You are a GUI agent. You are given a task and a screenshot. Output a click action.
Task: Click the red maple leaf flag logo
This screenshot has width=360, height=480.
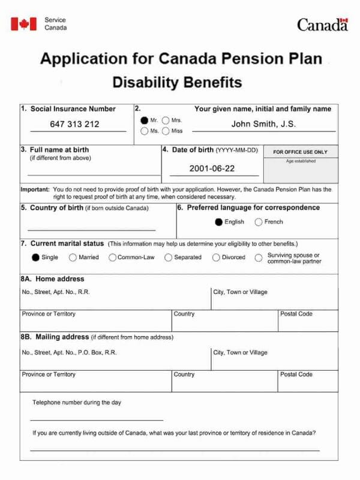[x=23, y=24]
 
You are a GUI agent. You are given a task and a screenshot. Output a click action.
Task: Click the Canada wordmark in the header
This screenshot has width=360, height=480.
[x=322, y=25]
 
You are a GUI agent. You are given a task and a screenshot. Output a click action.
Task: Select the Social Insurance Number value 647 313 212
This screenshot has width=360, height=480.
[x=74, y=124]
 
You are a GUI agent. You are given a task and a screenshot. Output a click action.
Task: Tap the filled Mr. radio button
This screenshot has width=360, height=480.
[x=144, y=121]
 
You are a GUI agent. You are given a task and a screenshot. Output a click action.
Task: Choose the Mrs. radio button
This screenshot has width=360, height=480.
[x=166, y=121]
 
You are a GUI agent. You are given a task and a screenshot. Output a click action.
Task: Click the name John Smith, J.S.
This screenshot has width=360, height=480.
[x=263, y=124]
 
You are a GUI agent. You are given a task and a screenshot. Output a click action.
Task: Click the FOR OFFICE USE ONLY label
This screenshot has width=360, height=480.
[x=301, y=152]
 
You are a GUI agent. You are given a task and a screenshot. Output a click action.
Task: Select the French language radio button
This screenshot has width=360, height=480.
[x=259, y=222]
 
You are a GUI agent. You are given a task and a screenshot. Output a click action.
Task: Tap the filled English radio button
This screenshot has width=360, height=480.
[x=219, y=222]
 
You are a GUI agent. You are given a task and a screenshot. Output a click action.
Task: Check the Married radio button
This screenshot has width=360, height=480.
[x=73, y=257]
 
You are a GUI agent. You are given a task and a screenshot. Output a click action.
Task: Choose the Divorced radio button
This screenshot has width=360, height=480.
[x=216, y=257]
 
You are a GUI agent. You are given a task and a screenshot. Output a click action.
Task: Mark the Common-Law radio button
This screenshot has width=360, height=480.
[x=112, y=257]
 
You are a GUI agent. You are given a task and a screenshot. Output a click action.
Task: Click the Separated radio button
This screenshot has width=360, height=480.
[x=169, y=257]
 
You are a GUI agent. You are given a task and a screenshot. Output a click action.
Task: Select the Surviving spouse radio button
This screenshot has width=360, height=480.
[x=259, y=257]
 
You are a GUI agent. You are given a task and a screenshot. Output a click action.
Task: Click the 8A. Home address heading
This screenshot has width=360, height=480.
[x=53, y=278]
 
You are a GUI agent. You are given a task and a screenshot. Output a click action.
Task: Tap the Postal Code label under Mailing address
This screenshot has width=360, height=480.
[x=296, y=374]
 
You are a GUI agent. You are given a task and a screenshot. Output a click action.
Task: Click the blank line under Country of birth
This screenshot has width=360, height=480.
[x=91, y=230]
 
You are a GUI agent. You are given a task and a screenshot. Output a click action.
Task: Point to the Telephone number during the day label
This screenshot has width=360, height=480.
[x=76, y=403]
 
